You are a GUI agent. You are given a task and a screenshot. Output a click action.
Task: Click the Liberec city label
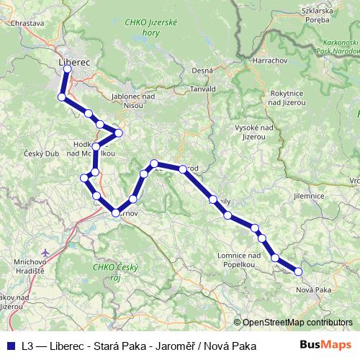(x=74, y=63)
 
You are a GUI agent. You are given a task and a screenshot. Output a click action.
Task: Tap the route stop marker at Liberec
(x=67, y=70)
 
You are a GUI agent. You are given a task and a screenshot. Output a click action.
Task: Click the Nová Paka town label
(x=314, y=289)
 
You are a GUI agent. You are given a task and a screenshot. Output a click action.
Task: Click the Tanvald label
(x=203, y=89)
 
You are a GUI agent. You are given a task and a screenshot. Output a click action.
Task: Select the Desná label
(x=202, y=70)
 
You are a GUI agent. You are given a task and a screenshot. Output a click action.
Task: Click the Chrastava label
(x=28, y=23)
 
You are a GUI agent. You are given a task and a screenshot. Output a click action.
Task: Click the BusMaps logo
(x=326, y=345)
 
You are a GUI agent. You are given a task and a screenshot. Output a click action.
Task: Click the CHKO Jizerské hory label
(x=151, y=28)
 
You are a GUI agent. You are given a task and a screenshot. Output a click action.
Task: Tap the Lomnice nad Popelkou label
(x=238, y=260)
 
